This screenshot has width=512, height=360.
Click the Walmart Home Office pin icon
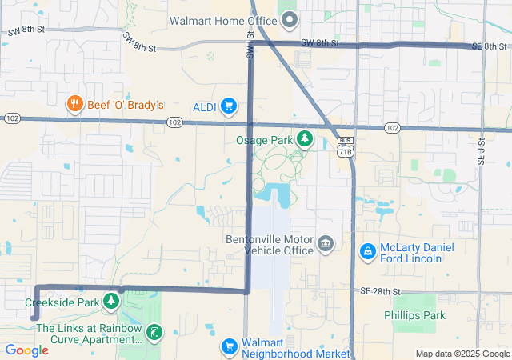[290, 19]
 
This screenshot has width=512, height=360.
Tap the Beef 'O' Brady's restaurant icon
[74, 103]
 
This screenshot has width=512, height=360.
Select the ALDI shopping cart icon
[229, 106]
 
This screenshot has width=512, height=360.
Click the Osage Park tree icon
[304, 140]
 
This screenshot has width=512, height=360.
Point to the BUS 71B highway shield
[345, 145]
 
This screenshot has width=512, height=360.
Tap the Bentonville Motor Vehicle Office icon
[326, 243]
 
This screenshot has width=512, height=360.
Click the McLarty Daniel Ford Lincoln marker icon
[367, 252]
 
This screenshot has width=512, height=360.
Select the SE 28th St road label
[381, 291]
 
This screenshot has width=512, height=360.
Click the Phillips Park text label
[414, 315]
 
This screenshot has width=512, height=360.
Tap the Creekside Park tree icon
[112, 302]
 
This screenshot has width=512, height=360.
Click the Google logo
[26, 350]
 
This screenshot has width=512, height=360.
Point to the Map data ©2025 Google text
[462, 354]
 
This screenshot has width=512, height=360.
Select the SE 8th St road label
[490, 46]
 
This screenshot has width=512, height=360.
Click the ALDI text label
[205, 106]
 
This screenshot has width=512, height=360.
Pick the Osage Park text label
[264, 140]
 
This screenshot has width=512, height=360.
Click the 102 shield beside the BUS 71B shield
[391, 128]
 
